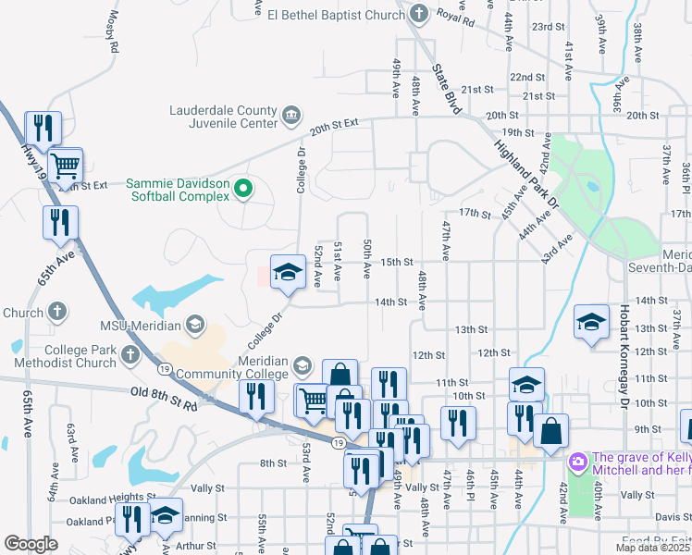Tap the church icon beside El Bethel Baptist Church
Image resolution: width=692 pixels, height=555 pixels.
418,14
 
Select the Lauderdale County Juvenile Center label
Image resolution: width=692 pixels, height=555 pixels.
223,117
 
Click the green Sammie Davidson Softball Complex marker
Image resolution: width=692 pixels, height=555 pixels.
243,190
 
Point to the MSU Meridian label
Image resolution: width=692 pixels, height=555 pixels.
142,326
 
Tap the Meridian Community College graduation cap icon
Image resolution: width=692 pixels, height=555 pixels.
302,367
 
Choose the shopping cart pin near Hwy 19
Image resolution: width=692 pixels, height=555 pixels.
65,167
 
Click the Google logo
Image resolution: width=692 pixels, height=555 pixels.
31,544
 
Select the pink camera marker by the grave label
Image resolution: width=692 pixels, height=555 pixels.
578,460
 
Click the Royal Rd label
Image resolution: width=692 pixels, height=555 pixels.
455,15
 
